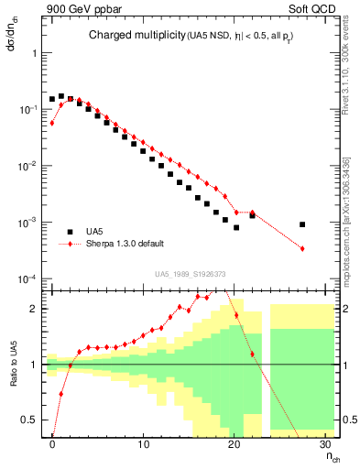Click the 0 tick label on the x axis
pos(53,445)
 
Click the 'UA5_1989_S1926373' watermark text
pos(191,274)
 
